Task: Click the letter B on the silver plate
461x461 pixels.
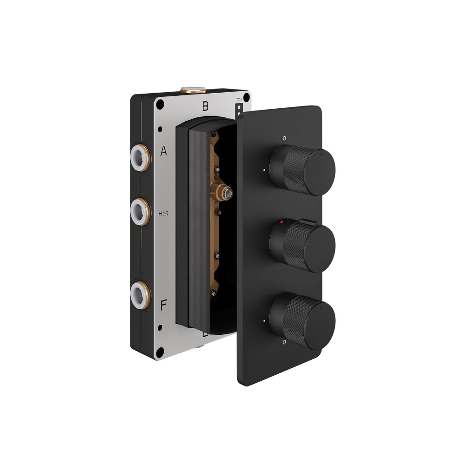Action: (206, 106)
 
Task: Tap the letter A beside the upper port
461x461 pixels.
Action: (164, 151)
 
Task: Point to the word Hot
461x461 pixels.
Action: (163, 213)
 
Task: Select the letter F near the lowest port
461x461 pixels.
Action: (163, 305)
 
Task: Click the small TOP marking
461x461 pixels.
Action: (239, 99)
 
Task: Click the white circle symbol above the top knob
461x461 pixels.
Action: (284, 137)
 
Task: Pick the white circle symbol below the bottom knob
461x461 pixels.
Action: (284, 342)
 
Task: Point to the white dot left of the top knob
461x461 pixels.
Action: (265, 170)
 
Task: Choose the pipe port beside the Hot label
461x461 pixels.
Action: (139, 211)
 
